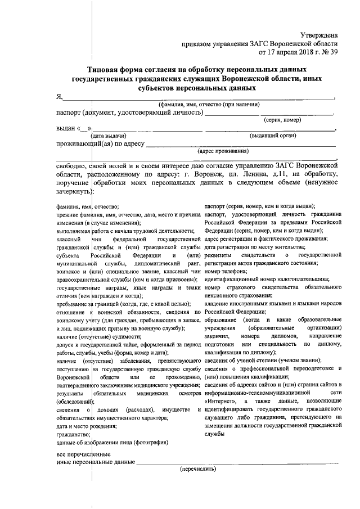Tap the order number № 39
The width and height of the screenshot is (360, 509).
[x=328, y=53]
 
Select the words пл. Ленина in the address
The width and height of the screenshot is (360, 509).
[x=245, y=175]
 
